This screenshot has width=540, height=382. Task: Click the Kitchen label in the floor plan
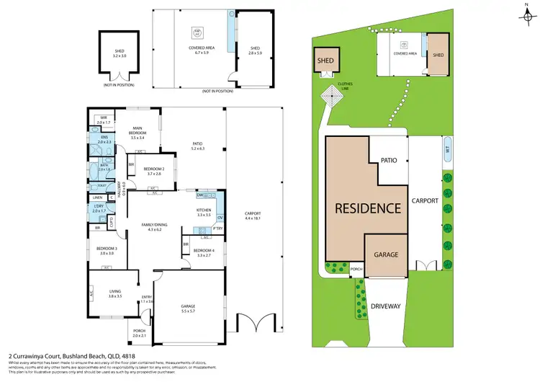[x=203, y=210]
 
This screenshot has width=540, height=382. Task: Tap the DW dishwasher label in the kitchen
[x=200, y=195]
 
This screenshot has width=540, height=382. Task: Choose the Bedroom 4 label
[x=203, y=251]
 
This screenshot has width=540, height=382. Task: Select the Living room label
[x=115, y=293]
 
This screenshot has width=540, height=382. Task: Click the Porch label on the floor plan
[x=140, y=332]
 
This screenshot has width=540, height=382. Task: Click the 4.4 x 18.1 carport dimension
[x=252, y=217]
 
